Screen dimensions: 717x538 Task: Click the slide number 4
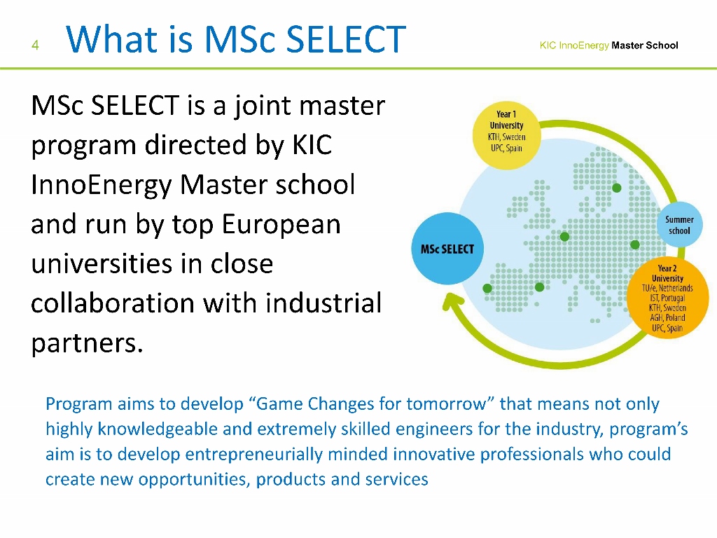click(35, 45)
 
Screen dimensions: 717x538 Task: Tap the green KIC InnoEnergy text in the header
click(574, 46)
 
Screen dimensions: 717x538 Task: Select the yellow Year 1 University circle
click(507, 135)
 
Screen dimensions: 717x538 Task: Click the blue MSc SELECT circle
click(447, 249)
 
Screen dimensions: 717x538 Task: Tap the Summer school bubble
click(679, 225)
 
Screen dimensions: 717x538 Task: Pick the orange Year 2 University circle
click(667, 298)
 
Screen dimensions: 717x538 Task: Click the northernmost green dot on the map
click(616, 188)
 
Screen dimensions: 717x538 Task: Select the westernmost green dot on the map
click(487, 288)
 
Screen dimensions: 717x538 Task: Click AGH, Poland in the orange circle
click(667, 317)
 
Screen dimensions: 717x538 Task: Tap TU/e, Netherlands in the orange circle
click(667, 288)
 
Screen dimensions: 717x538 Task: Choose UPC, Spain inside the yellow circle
click(506, 148)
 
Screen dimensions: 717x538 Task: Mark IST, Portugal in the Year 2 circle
click(667, 298)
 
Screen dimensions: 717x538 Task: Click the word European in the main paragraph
click(281, 225)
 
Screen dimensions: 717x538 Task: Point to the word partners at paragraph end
click(87, 343)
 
